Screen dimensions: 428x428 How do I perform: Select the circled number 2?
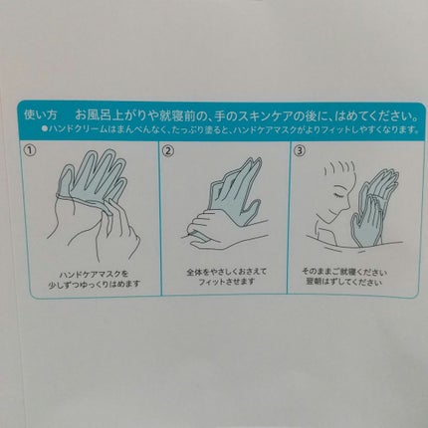(168, 151)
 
